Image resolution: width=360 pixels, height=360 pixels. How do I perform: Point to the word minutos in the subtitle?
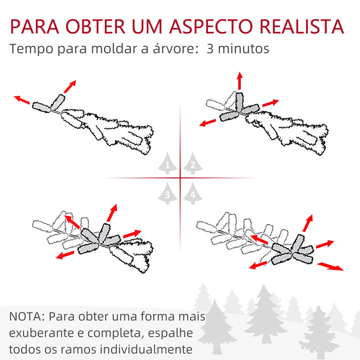[x=244, y=49]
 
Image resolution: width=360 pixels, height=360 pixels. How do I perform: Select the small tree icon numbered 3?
[x=167, y=193]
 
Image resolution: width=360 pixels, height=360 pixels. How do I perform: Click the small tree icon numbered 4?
[x=192, y=193]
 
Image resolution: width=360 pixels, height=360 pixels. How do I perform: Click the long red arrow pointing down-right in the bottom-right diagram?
[x=330, y=265]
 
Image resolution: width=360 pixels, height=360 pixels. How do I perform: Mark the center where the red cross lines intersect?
[x=180, y=177]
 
